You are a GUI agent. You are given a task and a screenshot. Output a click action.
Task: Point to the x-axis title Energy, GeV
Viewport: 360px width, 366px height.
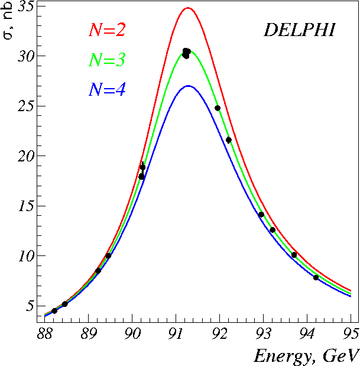coord(306,355)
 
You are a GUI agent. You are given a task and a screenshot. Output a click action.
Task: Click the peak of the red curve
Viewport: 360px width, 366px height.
coord(187,8)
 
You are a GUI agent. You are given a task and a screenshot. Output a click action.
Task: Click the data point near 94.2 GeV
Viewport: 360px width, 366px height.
coord(316,277)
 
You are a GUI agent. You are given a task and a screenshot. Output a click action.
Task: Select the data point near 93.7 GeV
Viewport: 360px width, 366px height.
coord(294,255)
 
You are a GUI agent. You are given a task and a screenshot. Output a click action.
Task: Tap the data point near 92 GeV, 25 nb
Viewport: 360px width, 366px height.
coord(218,108)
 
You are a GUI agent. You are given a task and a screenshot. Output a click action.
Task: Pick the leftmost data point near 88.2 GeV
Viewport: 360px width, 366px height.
coord(54,310)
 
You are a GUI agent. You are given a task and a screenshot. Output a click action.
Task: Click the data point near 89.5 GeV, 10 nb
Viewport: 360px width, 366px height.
coord(108,256)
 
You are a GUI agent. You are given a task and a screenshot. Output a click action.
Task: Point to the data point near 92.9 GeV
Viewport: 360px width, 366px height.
coord(261,215)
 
